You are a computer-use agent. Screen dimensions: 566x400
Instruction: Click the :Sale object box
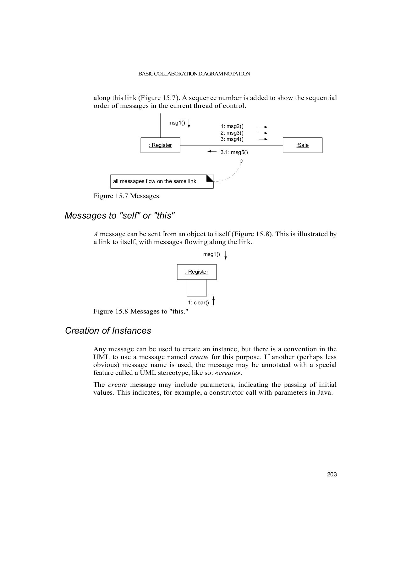point(302,145)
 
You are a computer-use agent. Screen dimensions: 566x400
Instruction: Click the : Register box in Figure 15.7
point(160,145)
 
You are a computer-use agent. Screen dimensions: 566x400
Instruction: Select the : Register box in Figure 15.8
point(197,272)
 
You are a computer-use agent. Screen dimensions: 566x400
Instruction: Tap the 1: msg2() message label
point(232,126)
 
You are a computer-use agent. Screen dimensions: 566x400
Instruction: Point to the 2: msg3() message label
point(232,133)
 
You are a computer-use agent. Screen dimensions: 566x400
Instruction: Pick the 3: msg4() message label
point(232,139)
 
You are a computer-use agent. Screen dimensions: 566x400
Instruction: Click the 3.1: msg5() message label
point(234,153)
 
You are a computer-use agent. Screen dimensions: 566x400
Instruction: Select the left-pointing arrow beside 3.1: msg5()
point(212,152)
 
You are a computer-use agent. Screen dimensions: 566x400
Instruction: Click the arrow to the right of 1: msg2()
point(263,127)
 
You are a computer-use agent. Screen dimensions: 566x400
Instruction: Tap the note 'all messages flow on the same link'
point(162,181)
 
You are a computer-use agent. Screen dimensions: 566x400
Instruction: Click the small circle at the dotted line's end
point(241,161)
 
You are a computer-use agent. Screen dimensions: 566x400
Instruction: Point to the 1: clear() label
point(198,303)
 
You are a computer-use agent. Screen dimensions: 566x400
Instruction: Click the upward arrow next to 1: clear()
point(214,301)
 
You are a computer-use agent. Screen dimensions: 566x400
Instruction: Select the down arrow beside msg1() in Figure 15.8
point(226,255)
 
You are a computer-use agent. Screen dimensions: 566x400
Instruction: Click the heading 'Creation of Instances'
point(108,331)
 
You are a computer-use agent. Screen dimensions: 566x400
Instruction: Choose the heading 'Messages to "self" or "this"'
point(119,216)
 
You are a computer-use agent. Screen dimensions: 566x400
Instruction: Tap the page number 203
point(332,474)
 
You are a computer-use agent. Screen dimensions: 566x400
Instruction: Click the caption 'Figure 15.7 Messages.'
point(127,196)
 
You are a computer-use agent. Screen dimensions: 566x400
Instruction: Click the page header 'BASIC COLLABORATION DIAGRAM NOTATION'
point(194,74)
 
